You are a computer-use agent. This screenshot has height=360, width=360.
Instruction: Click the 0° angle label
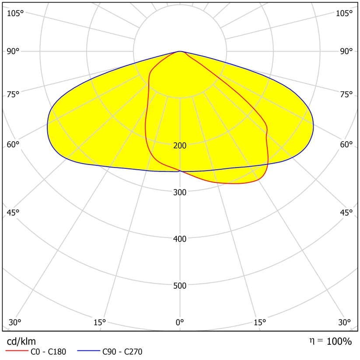click(180, 323)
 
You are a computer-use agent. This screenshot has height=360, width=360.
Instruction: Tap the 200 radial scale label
click(180, 146)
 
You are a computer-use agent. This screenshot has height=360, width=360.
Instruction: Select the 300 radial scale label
click(180, 192)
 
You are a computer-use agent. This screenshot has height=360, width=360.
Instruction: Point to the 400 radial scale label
click(180, 239)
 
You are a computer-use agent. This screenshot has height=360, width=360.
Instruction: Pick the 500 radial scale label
click(180, 286)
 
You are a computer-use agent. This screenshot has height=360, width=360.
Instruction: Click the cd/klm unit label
click(21, 341)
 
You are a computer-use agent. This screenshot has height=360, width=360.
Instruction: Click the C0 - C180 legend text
click(48, 352)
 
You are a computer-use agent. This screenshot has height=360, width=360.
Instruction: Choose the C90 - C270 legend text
click(122, 352)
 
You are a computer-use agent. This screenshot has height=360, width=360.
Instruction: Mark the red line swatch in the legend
click(16, 352)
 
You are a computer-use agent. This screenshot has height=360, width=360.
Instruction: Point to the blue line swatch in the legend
click(87, 352)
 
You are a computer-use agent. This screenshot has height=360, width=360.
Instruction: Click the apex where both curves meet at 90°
click(180, 51)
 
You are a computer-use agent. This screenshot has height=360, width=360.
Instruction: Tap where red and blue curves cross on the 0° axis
click(180, 171)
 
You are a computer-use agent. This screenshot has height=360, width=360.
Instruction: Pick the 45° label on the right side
click(346, 213)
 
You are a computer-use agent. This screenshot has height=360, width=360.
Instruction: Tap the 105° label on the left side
click(15, 13)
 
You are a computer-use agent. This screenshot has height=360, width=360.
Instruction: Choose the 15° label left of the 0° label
click(100, 323)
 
